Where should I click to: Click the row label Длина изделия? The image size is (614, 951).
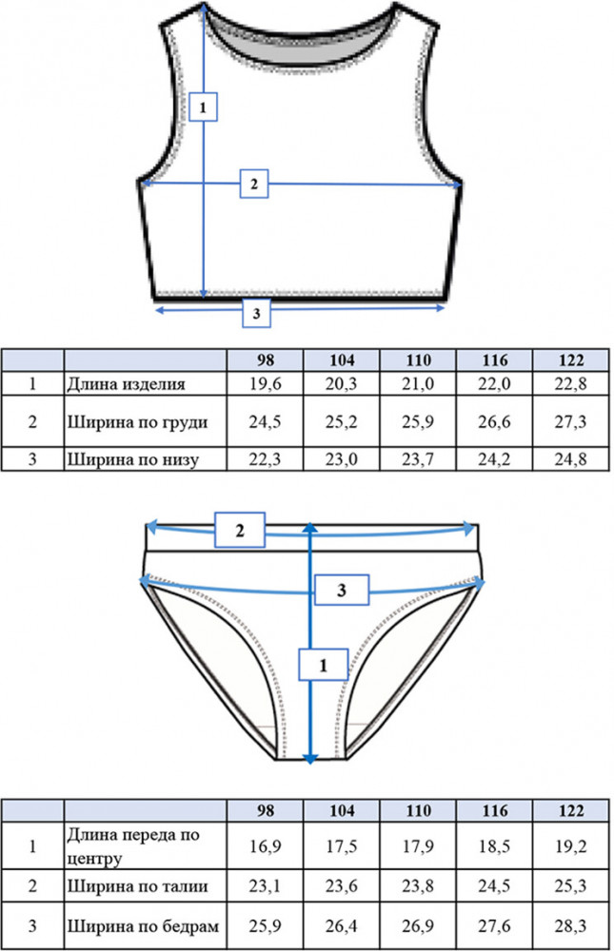click(126, 384)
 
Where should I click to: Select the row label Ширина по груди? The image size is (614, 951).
click(137, 422)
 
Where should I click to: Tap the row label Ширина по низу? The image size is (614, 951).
click(132, 459)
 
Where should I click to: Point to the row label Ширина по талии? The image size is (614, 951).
click(137, 886)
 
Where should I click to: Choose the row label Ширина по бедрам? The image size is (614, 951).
click(143, 926)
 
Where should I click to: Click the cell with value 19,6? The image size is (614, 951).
click(265, 384)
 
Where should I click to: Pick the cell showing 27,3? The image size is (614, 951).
click(570, 421)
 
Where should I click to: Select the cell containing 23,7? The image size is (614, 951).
click(418, 459)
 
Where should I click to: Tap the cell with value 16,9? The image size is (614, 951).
click(265, 846)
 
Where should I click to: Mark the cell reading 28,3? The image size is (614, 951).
click(570, 926)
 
